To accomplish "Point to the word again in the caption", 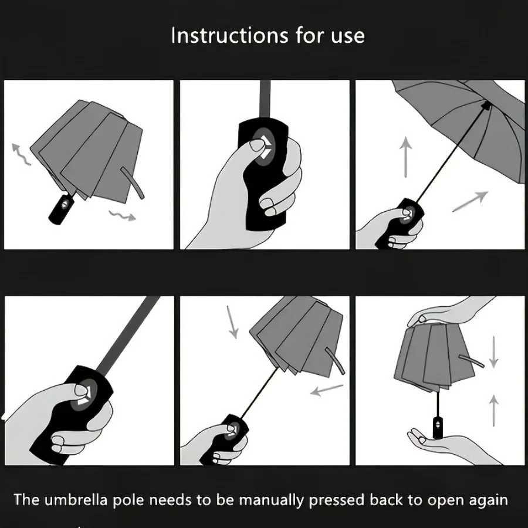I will coord(484,500).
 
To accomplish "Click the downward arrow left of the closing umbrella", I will coord(233,323).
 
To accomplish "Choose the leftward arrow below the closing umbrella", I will coord(326,390).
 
